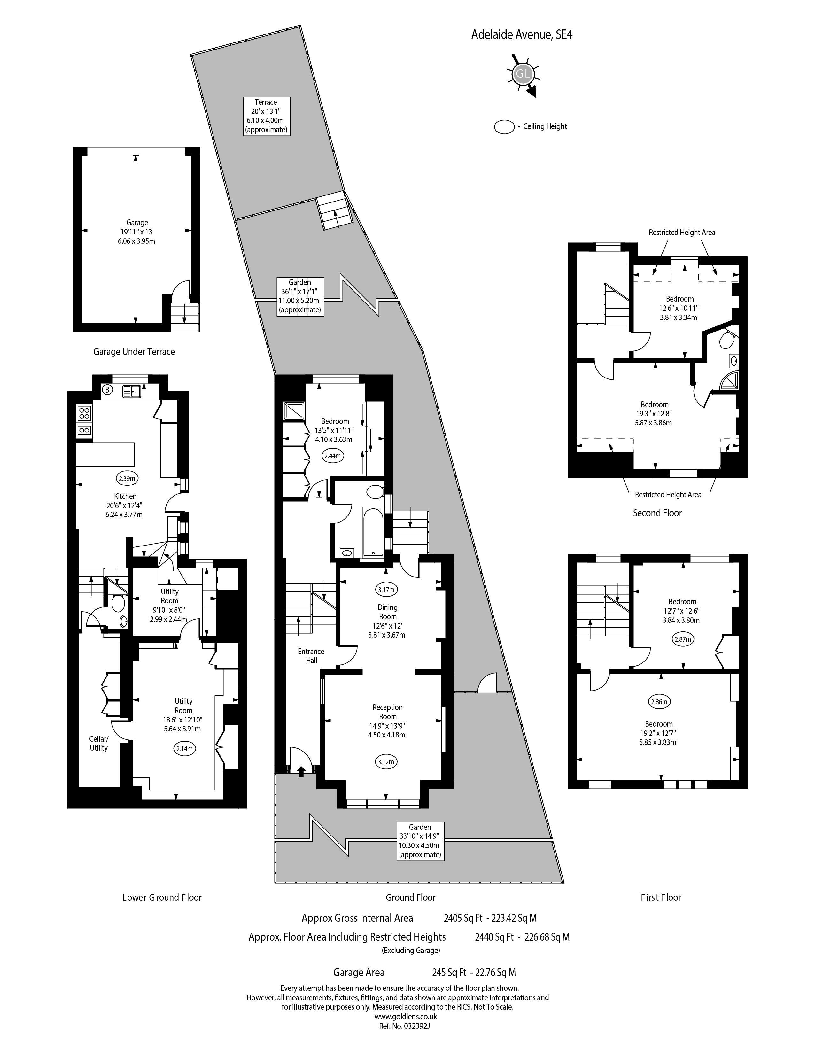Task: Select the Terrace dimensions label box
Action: click(x=266, y=116)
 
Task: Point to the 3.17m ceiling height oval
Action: click(x=387, y=589)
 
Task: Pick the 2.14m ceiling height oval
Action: click(x=184, y=749)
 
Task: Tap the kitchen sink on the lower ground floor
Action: click(x=131, y=391)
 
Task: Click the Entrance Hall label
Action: click(x=311, y=656)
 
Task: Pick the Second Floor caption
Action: click(x=657, y=513)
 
